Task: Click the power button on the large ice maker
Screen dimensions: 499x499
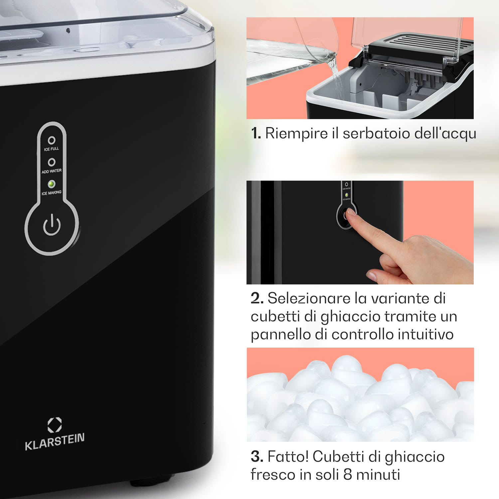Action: tap(52, 225)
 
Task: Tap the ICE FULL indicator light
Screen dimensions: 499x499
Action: tap(52, 140)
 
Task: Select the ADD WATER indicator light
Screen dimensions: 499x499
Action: tap(52, 162)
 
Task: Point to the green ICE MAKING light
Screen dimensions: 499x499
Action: tap(52, 184)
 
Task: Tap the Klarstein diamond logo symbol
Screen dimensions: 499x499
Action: tap(55, 425)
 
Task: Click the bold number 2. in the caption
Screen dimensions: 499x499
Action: tap(257, 298)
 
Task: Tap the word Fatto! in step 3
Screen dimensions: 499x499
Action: tap(288, 457)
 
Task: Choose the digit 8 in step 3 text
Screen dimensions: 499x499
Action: tap(348, 475)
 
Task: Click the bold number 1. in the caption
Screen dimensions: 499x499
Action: tap(256, 134)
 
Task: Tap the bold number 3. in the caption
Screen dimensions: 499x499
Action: tap(257, 457)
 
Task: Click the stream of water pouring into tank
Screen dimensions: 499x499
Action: tap(336, 77)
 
